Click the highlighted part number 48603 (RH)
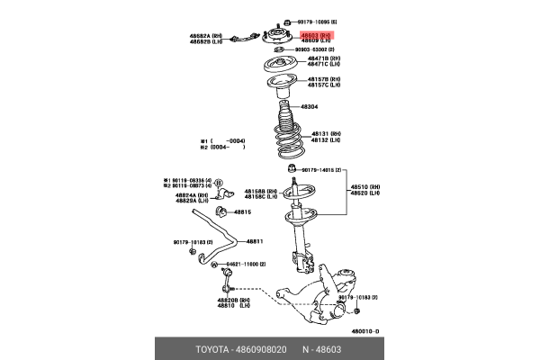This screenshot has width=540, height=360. point(316,34)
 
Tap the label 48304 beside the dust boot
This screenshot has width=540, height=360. point(309,106)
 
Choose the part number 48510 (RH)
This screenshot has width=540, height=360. point(363,187)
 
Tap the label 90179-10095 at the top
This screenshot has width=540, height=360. point(322,21)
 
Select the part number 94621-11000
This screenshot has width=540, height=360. point(245,264)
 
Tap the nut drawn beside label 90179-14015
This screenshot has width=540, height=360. point(291,169)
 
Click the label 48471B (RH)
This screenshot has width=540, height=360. point(323,58)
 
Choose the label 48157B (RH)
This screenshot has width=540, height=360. point(323,79)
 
